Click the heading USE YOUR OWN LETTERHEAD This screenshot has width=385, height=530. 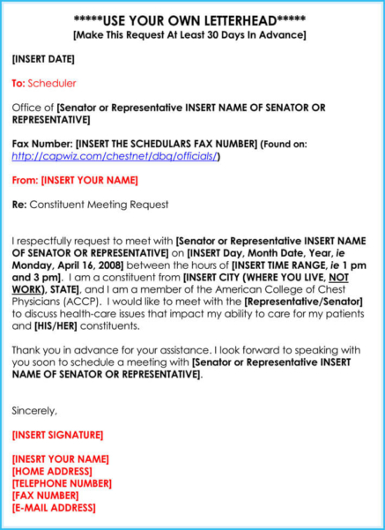(192, 20)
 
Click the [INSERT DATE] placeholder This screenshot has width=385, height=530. (43, 59)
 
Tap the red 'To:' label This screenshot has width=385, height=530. (19, 84)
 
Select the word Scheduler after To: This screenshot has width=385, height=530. (52, 84)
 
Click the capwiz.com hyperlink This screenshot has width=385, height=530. (115, 156)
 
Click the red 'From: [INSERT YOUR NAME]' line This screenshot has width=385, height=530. (75, 180)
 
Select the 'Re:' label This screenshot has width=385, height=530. (19, 205)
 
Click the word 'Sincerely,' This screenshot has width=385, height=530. (34, 411)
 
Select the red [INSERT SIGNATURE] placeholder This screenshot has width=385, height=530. (57, 435)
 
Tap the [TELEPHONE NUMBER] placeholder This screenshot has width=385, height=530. (62, 483)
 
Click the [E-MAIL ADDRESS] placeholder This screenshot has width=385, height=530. (54, 508)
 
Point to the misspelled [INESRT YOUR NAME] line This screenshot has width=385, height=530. (61, 459)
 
